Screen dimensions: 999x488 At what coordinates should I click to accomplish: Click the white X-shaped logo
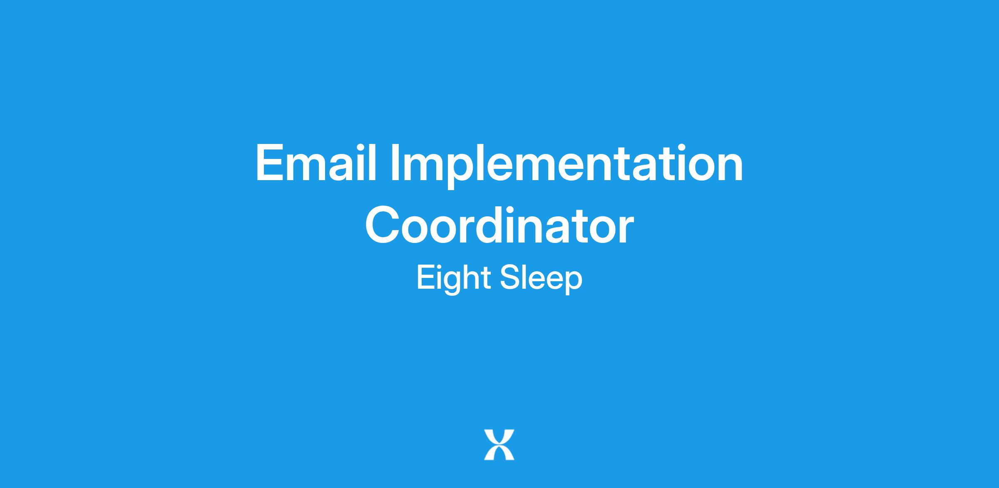point(499,445)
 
